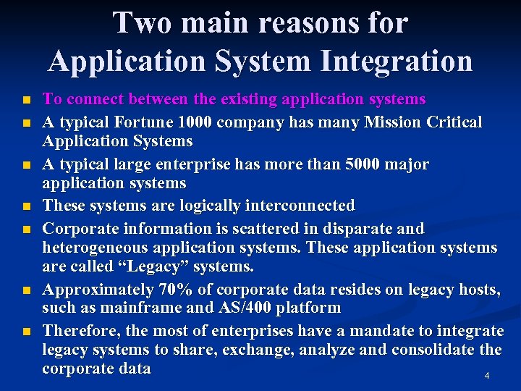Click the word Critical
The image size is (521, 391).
tap(450, 122)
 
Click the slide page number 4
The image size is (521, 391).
tap(487, 376)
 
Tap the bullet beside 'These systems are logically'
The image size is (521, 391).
tap(27, 207)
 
